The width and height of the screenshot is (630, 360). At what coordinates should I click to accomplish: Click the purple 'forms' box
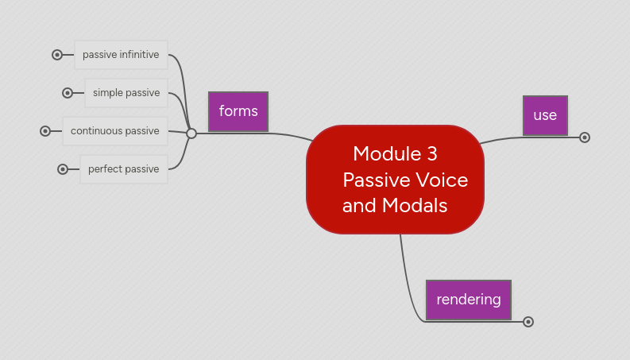[x=238, y=111]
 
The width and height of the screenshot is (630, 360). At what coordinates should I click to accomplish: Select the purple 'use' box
[x=545, y=115]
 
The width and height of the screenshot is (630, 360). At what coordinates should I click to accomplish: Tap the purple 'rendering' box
[x=469, y=300]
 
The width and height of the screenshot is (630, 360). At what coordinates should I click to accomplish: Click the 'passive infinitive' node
[x=121, y=55]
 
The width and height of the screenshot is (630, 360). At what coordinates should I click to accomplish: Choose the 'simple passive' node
[x=126, y=92]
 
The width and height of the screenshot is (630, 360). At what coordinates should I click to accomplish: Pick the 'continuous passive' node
[x=115, y=130]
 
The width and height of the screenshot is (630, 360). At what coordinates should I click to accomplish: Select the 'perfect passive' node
[x=123, y=168]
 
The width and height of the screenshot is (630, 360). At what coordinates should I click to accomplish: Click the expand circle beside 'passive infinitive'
[x=57, y=55]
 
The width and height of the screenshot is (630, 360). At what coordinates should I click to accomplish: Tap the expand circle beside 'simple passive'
[x=68, y=93]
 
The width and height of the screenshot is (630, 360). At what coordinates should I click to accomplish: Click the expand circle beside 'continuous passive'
[x=45, y=131]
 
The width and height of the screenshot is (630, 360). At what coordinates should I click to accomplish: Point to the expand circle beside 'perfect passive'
[x=63, y=169]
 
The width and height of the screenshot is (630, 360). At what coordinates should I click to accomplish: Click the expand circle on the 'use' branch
[x=585, y=137]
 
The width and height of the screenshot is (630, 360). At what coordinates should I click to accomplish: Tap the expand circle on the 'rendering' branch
[x=528, y=322]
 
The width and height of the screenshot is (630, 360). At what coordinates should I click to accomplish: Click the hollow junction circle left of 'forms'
[x=191, y=134]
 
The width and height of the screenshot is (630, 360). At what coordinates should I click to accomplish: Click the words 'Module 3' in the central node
[x=395, y=153]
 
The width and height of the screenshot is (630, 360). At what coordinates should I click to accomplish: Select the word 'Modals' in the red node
[x=414, y=206]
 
